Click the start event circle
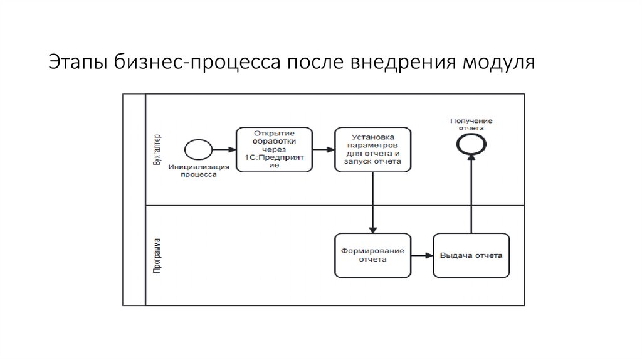197,150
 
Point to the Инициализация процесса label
198,171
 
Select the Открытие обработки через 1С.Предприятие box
274,150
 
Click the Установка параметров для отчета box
372,150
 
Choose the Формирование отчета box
372,255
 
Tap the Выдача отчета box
471,255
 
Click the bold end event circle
470,144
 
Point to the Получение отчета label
471,124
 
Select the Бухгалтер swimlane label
157,149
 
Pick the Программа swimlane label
157,255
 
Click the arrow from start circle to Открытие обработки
223,150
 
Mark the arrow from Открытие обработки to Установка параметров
323,150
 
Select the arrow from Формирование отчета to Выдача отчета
422,255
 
